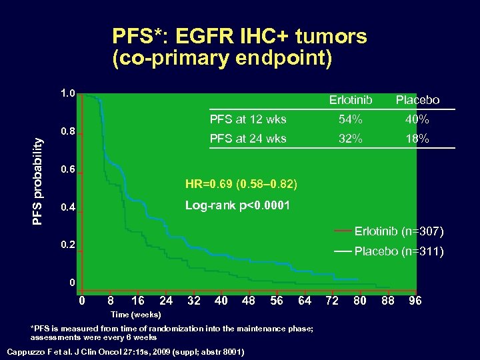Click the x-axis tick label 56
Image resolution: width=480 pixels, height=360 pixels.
pos(275,301)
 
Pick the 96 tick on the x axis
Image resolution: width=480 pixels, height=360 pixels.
pos(415,301)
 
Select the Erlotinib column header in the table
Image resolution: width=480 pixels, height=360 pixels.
pos(351,100)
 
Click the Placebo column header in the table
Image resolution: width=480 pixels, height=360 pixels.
pos(417,100)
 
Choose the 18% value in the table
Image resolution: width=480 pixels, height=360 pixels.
pos(417,139)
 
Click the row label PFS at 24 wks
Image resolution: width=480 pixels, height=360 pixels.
pos(248,139)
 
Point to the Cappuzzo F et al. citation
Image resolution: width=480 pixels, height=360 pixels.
pos(125,351)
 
